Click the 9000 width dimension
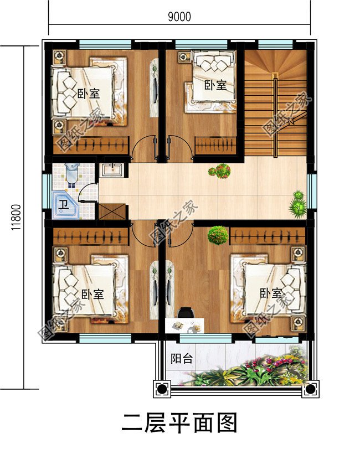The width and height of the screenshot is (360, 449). pyautogui.click(x=179, y=17)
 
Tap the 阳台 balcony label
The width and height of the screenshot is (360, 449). pyautogui.click(x=182, y=359)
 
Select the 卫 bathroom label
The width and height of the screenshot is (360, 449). pyautogui.click(x=63, y=204)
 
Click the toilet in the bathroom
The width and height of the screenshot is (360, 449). pyautogui.click(x=71, y=172)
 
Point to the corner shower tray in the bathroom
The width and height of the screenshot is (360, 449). pyautogui.click(x=65, y=205)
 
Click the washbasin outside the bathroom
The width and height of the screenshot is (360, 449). pyautogui.click(x=112, y=169)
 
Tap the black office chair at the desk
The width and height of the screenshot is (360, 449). pyautogui.click(x=186, y=312)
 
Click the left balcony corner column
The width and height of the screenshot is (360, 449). pyautogui.click(x=162, y=389)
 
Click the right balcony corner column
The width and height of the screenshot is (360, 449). pyautogui.click(x=310, y=389)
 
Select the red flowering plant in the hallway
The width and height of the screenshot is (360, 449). pyautogui.click(x=220, y=171)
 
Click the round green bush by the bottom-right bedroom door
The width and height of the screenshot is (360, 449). pyautogui.click(x=218, y=235)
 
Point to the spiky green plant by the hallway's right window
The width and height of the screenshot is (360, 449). pyautogui.click(x=298, y=204)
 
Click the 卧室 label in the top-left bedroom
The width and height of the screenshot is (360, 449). pyautogui.click(x=89, y=94)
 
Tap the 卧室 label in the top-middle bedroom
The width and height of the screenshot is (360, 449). pyautogui.click(x=215, y=85)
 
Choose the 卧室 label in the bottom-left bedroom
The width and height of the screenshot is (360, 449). pyautogui.click(x=92, y=295)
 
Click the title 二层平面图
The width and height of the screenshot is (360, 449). pyautogui.click(x=179, y=422)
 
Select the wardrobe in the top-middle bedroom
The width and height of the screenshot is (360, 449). pyautogui.click(x=215, y=146)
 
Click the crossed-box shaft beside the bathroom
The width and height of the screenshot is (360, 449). pyautogui.click(x=112, y=211)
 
